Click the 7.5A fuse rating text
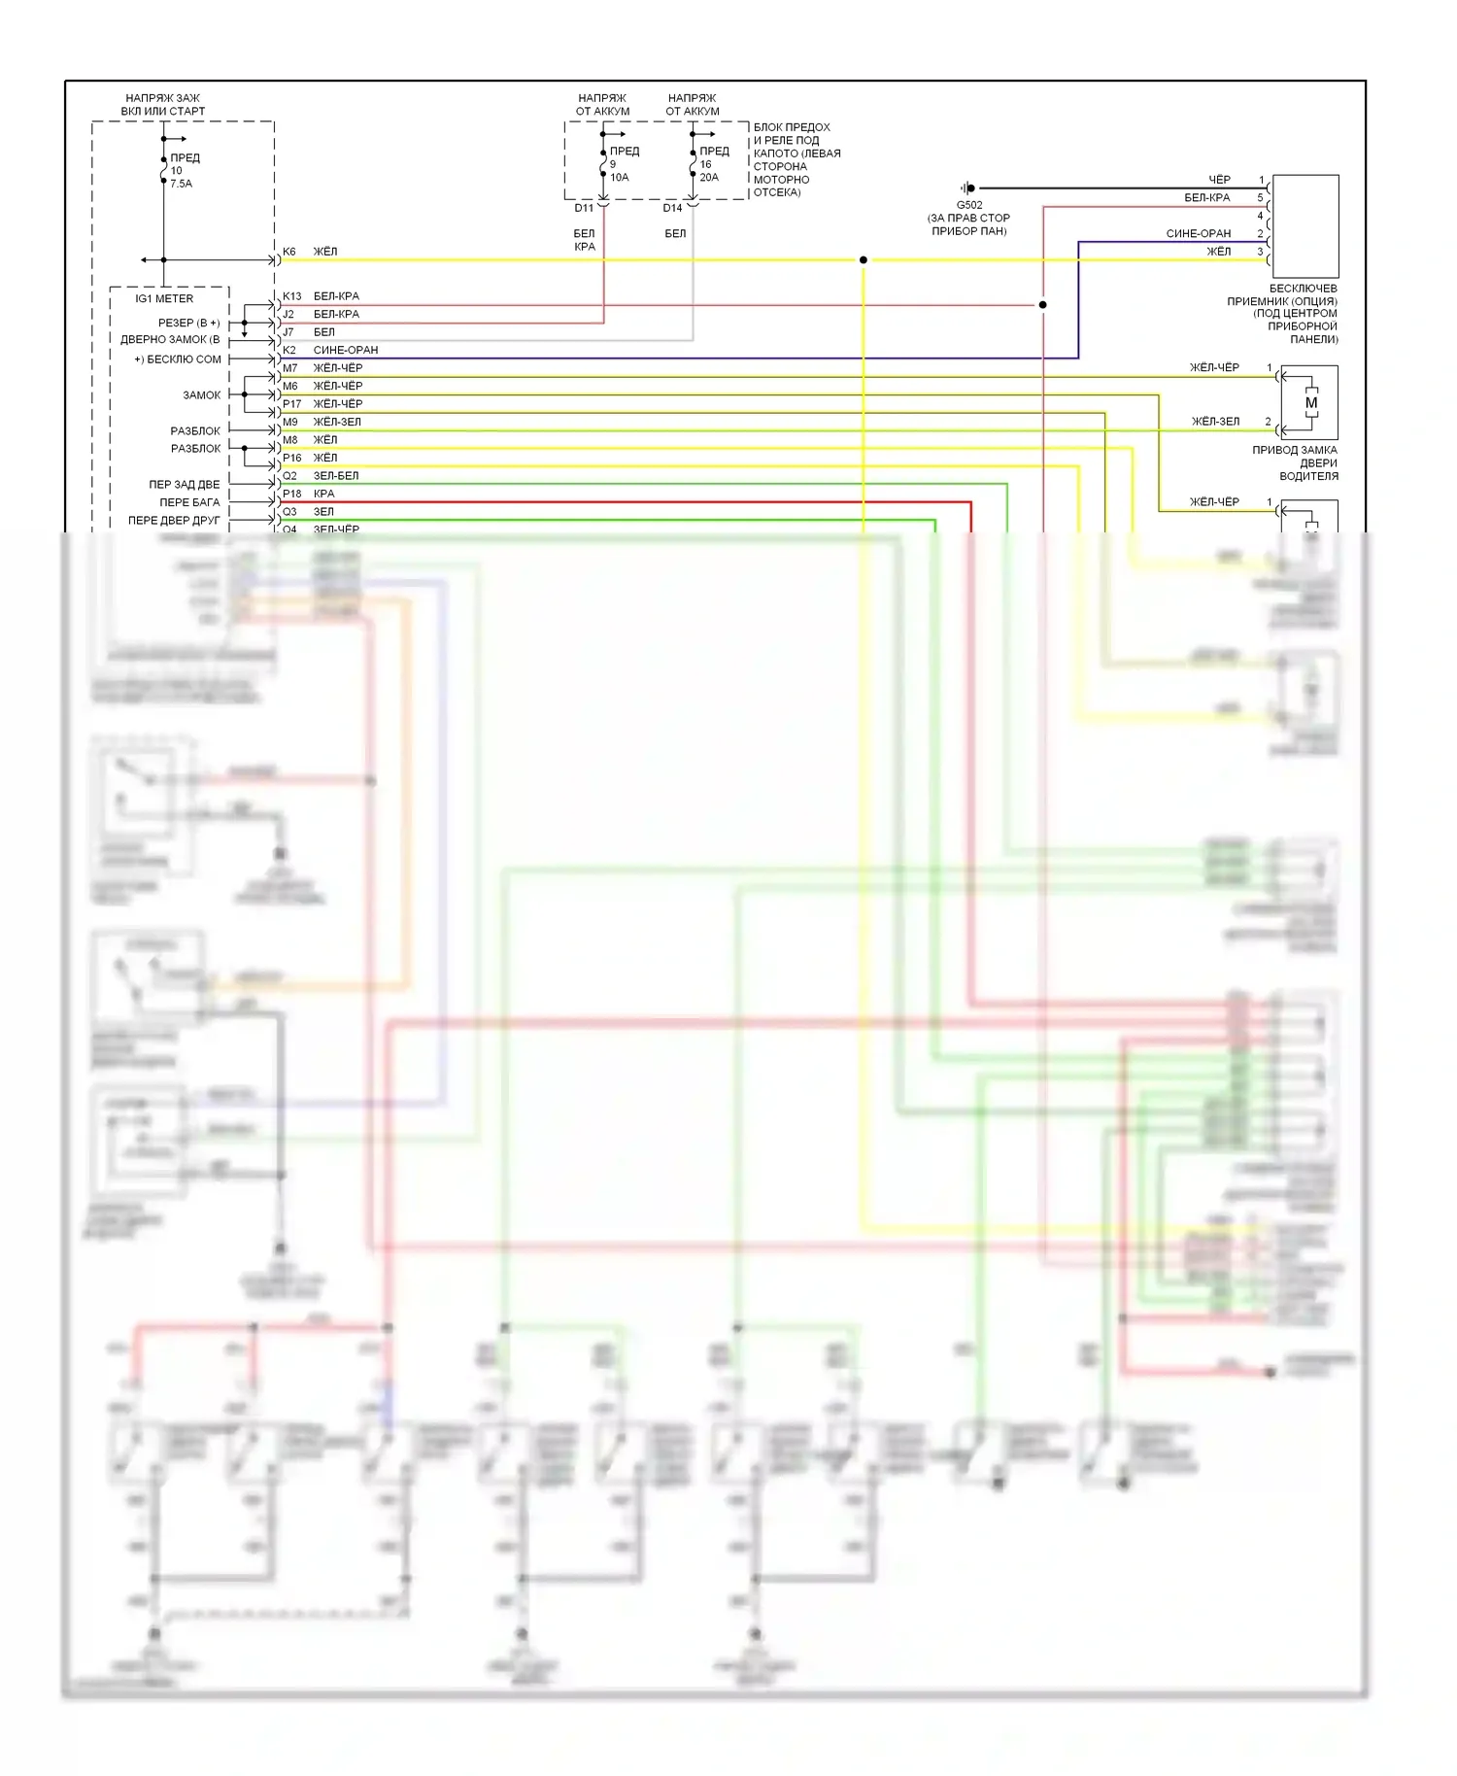click(x=182, y=184)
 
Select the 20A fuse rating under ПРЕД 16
click(x=709, y=178)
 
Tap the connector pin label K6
click(x=288, y=252)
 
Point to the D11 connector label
click(x=584, y=208)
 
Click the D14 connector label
click(x=672, y=208)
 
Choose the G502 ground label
click(x=969, y=205)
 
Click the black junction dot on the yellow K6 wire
click(x=864, y=260)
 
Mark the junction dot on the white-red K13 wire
click(x=1043, y=305)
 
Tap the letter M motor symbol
click(x=1311, y=403)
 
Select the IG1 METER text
click(x=164, y=298)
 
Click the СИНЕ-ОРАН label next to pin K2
click(x=346, y=350)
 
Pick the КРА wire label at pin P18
click(x=323, y=494)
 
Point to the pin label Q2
click(x=289, y=476)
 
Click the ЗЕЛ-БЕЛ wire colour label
click(x=336, y=476)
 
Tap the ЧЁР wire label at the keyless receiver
click(x=1219, y=180)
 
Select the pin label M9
click(x=290, y=422)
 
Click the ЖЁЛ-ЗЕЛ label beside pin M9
click(x=337, y=422)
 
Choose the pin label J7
click(x=288, y=332)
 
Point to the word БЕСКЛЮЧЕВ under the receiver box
click(x=1303, y=289)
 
